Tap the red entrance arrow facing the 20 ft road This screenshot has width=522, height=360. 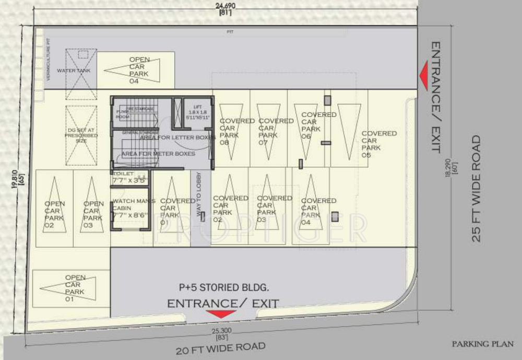[x=221, y=314]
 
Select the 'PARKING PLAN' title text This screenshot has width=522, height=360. [x=483, y=344]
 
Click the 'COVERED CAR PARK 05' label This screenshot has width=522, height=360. [x=378, y=144]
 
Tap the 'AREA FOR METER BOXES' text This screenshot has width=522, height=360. [x=158, y=154]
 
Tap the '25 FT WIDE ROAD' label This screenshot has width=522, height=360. [x=476, y=189]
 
